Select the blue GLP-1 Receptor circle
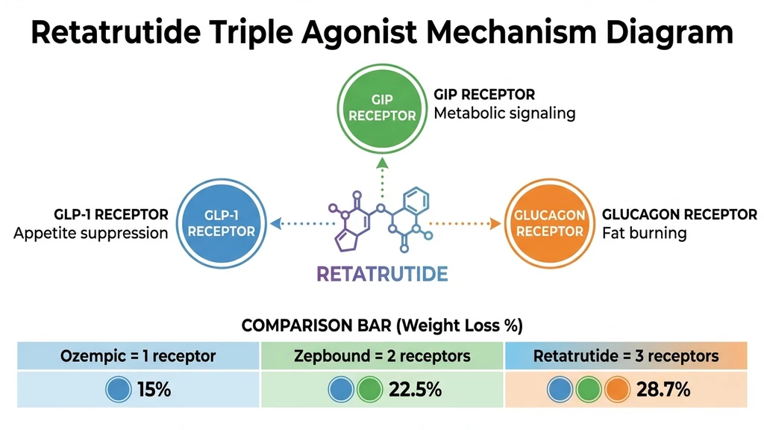[222, 222]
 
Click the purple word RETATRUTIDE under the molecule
[382, 273]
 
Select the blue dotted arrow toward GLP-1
[298, 222]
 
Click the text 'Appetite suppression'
[91, 233]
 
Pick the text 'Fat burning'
[644, 233]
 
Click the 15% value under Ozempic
[154, 390]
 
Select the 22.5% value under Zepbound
[415, 390]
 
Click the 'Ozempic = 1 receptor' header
[138, 355]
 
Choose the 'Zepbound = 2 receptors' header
[382, 355]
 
